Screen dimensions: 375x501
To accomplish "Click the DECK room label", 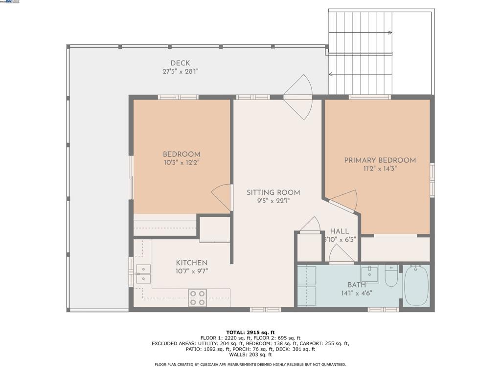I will click(x=180, y=63).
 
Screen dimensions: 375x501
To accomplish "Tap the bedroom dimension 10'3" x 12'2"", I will click(x=182, y=163).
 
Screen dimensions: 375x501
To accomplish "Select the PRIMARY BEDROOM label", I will click(x=380, y=160).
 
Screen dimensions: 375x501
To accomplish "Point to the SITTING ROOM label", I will click(x=273, y=192).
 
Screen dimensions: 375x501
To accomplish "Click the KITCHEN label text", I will click(x=192, y=263).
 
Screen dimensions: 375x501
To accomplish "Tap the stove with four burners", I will click(x=197, y=297).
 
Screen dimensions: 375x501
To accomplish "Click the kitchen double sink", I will click(x=143, y=274).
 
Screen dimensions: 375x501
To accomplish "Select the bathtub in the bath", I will click(x=416, y=286).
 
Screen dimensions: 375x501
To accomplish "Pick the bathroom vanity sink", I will click(x=370, y=274).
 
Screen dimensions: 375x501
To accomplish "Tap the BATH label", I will click(x=357, y=285).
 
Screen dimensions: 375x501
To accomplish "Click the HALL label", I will click(x=339, y=231).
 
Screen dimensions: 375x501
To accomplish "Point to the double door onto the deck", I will click(x=298, y=97).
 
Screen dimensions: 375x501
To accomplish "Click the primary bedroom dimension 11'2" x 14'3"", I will click(x=380, y=168).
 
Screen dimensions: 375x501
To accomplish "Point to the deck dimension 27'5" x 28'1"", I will click(x=180, y=71).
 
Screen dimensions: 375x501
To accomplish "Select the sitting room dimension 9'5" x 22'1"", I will click(x=273, y=201).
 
